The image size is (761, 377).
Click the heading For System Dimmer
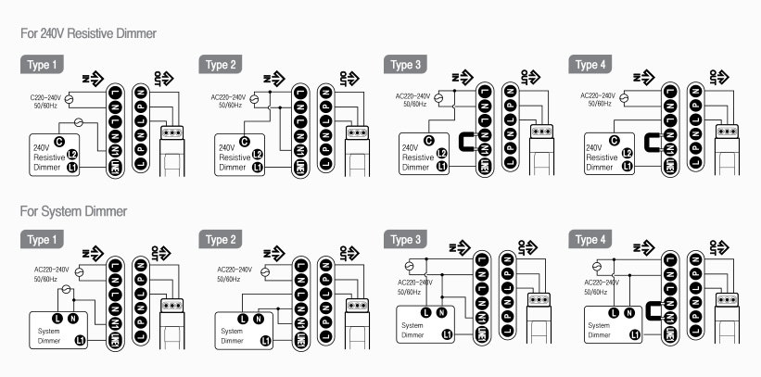[x=73, y=212]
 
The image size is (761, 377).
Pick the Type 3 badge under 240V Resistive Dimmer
[x=406, y=65]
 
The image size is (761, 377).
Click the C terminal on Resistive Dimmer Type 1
[x=59, y=141]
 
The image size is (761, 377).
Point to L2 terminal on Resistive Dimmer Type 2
[x=257, y=154]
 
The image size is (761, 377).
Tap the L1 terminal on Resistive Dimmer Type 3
[x=441, y=167]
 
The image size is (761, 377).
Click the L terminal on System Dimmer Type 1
[x=57, y=318]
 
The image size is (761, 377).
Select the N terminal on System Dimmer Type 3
[x=442, y=312]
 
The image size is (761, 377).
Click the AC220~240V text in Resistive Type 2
[x=228, y=96]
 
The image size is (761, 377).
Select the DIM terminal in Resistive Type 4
[x=668, y=165]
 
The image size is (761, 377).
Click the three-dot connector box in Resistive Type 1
[x=172, y=132]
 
